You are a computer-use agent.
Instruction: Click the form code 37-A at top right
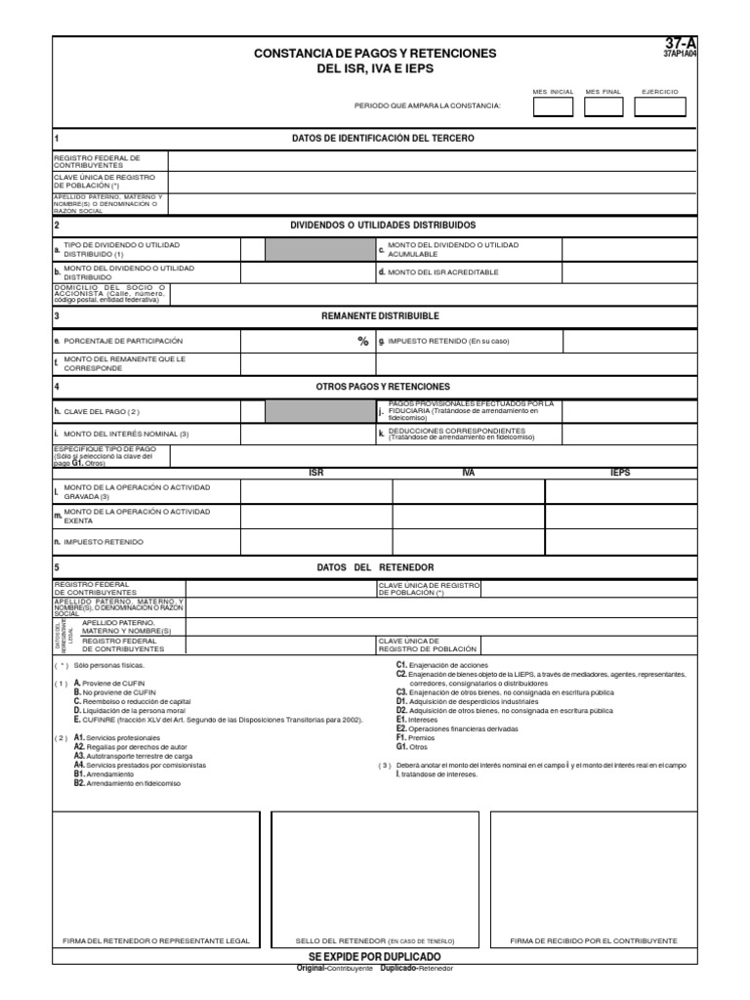(x=682, y=44)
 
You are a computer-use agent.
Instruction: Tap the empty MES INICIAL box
(x=553, y=106)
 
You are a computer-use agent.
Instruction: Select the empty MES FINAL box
(x=603, y=106)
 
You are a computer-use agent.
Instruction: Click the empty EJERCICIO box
(x=659, y=106)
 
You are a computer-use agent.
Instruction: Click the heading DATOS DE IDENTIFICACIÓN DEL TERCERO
(x=383, y=139)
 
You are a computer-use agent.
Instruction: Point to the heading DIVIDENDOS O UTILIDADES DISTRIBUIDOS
(x=383, y=225)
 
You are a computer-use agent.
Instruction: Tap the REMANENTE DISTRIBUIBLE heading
(x=381, y=316)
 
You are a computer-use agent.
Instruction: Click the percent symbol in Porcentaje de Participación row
(x=362, y=342)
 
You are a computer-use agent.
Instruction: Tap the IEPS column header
(x=620, y=474)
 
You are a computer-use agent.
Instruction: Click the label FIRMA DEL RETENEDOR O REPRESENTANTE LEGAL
(x=156, y=940)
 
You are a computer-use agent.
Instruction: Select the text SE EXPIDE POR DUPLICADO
(x=375, y=956)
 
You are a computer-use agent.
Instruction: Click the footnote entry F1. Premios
(x=415, y=738)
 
